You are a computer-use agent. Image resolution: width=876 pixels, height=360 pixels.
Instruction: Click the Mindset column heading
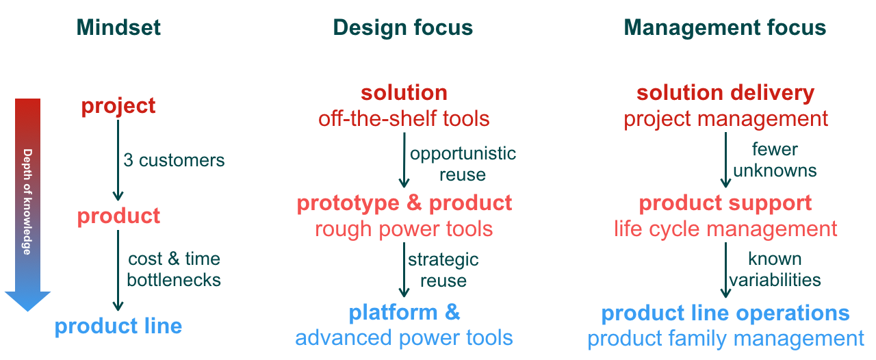point(118,27)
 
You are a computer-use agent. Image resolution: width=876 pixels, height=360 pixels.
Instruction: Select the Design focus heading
point(403,28)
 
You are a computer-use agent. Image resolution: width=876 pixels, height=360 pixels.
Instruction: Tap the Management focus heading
point(725,28)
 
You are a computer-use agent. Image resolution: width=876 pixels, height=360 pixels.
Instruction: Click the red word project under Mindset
point(118,107)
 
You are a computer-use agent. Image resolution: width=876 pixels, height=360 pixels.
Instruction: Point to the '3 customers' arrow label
point(174,160)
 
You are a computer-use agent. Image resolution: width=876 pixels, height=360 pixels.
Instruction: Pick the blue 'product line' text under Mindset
point(118,326)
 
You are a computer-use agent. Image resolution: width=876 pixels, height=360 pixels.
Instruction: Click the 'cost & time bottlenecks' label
point(174,269)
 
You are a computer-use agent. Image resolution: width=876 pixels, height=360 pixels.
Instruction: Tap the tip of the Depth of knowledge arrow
point(28,311)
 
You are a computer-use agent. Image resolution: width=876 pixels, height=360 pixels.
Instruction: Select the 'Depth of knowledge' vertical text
point(27,201)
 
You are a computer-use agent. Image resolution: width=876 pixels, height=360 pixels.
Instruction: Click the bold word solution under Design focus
point(404,93)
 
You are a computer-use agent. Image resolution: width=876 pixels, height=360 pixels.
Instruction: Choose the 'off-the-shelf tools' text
point(404,118)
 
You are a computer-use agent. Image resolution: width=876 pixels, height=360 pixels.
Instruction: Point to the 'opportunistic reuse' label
point(463,164)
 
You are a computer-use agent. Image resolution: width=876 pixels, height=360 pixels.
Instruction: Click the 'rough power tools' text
point(404,229)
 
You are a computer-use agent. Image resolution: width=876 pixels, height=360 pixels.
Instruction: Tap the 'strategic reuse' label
point(443,270)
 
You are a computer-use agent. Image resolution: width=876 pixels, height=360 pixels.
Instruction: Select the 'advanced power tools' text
point(404,337)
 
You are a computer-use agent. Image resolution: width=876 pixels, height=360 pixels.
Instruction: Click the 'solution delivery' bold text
point(725,93)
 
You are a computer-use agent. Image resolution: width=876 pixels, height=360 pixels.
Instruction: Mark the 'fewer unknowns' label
point(775,159)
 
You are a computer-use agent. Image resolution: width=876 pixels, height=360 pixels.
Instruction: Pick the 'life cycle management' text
point(725,229)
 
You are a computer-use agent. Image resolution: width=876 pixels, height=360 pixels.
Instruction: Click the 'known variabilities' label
point(775,269)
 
